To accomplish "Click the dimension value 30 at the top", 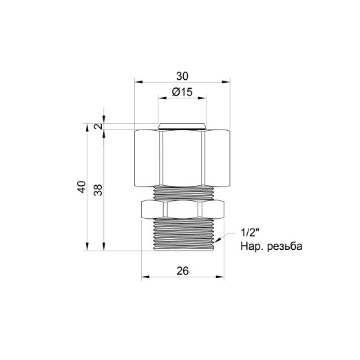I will [x=182, y=75].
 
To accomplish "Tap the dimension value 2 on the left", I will [x=99, y=127].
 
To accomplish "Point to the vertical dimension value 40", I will [x=82, y=187].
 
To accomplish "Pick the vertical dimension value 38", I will [x=98, y=190].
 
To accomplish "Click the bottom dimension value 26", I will [x=182, y=271].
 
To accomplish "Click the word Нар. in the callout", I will [x=251, y=246].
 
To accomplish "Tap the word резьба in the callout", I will [x=284, y=246].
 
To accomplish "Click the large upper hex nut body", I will [x=182, y=158].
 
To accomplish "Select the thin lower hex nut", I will [x=182, y=208].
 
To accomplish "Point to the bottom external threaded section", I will [x=182, y=235].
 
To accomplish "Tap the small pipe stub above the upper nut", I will [x=182, y=126].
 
